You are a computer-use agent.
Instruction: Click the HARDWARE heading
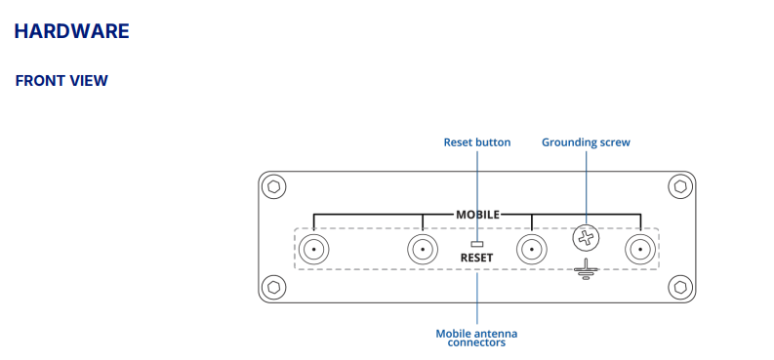click(x=71, y=31)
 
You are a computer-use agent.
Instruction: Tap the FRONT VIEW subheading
click(x=61, y=81)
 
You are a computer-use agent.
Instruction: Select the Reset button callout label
click(x=477, y=142)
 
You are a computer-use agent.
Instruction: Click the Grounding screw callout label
click(x=586, y=142)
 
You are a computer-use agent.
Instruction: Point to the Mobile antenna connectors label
click(x=477, y=338)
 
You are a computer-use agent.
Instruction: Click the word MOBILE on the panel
click(x=477, y=215)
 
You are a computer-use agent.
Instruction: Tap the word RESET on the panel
click(x=477, y=258)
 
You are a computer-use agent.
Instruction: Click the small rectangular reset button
click(x=477, y=244)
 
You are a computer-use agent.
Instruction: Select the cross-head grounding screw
click(x=586, y=238)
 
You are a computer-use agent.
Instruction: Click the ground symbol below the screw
click(x=586, y=268)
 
